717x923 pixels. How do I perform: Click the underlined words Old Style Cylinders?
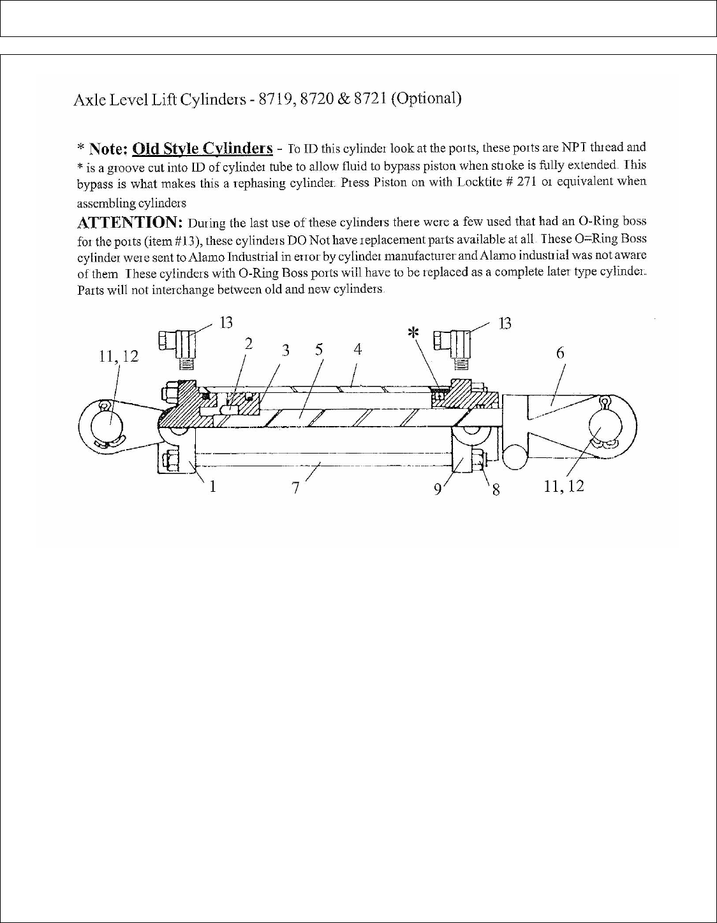[x=202, y=149]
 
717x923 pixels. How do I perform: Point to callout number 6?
[x=560, y=353]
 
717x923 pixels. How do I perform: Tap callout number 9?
[x=438, y=489]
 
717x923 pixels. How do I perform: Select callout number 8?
[x=495, y=490]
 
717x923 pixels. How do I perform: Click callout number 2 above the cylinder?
[x=249, y=343]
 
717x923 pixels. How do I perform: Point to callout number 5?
[x=319, y=350]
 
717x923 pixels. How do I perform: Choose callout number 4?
[x=358, y=349]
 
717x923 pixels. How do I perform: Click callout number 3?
[x=286, y=350]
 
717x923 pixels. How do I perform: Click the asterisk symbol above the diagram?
[x=415, y=332]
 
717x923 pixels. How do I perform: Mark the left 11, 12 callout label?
[x=119, y=357]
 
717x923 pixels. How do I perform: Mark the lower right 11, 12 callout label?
[x=563, y=486]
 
